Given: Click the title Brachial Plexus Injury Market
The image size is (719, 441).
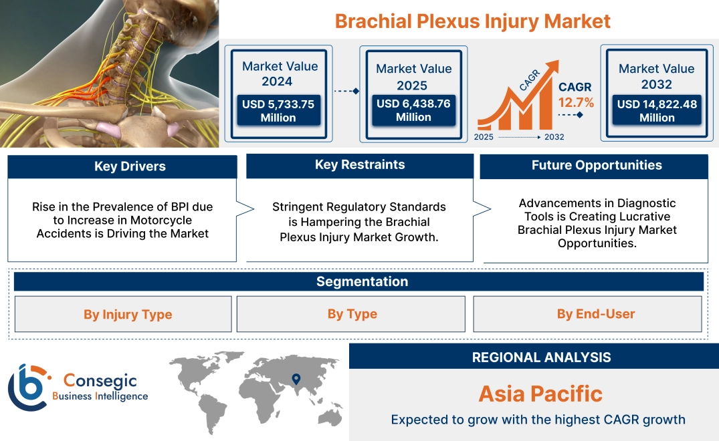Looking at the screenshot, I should click(472, 21).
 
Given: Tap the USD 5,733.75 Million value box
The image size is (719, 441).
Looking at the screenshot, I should click(278, 110).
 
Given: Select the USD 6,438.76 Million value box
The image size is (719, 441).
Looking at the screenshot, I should click(413, 110).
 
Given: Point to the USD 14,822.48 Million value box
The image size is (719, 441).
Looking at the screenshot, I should click(656, 110).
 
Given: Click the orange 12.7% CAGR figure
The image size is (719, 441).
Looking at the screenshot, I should click(576, 102).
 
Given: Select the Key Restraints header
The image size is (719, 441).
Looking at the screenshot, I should click(360, 164).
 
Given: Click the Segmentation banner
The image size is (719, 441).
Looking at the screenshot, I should click(362, 281).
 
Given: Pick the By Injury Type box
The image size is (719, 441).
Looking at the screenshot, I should click(128, 314).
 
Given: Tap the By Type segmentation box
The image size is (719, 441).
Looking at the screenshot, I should click(352, 314).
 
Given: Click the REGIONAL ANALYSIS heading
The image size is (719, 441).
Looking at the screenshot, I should click(541, 357).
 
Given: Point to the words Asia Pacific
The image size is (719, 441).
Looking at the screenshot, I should click(540, 393).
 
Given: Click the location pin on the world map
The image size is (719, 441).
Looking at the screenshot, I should click(295, 380).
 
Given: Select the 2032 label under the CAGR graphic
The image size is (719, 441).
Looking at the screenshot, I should click(554, 137).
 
